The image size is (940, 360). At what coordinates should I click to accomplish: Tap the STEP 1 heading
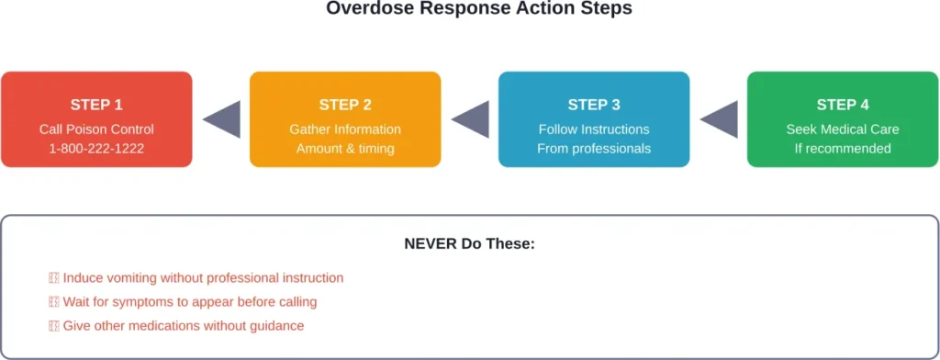(x=96, y=105)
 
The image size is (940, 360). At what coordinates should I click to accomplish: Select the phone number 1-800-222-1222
(x=96, y=149)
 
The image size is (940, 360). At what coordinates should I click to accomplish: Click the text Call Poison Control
(x=96, y=129)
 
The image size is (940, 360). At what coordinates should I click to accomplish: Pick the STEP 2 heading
(x=345, y=105)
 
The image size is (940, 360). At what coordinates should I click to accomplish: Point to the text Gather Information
(x=345, y=129)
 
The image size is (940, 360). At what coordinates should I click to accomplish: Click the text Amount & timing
(x=345, y=149)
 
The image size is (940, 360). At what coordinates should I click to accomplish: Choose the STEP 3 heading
(x=594, y=105)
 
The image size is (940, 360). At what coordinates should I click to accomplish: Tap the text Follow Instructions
(x=594, y=129)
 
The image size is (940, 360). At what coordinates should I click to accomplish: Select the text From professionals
(x=594, y=149)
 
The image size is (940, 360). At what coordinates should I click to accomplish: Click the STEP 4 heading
(x=843, y=105)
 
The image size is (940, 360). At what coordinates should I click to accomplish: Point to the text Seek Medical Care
(x=843, y=129)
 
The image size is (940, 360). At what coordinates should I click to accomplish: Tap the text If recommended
(x=843, y=149)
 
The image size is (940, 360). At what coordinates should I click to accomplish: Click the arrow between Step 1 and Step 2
(x=223, y=120)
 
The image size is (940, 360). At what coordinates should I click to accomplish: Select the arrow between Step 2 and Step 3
(x=472, y=120)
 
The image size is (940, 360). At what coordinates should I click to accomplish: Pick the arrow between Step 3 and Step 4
(x=721, y=120)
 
